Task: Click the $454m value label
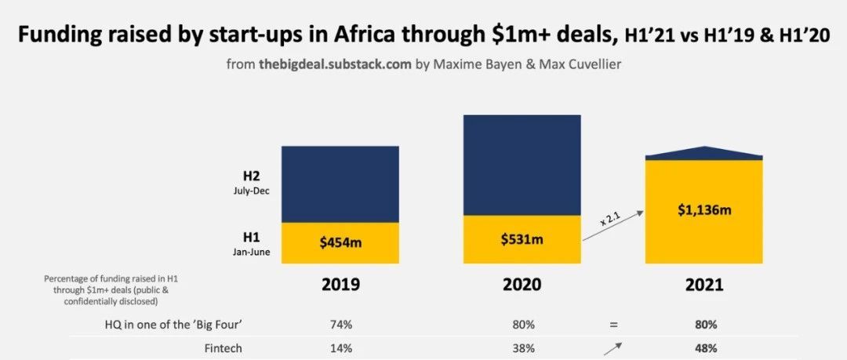340,243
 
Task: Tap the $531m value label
522,238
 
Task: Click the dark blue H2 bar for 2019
340,184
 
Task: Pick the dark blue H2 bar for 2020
522,165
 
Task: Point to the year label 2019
340,284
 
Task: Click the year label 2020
522,284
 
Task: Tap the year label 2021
703,284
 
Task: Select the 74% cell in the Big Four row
340,324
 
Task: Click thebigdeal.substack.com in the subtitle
335,64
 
